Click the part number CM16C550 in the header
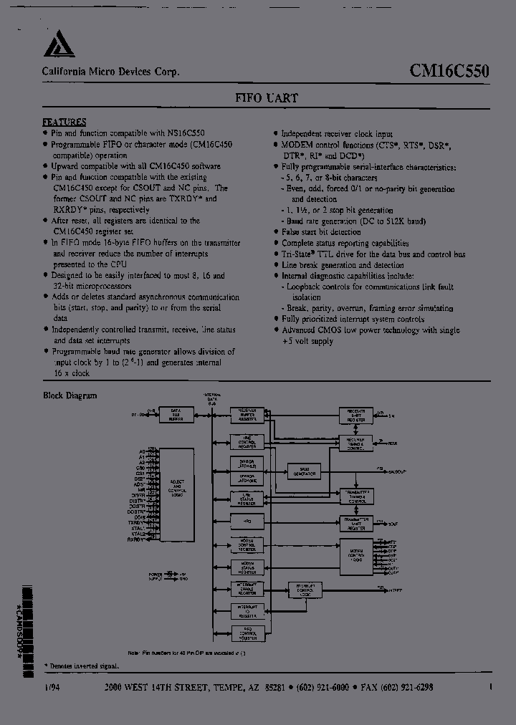449,72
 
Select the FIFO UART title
266,98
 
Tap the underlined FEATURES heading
64,123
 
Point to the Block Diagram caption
70,395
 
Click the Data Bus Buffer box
176,414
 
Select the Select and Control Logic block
175,494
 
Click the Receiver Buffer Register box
247,415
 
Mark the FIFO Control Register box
247,633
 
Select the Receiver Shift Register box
355,415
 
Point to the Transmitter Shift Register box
355,524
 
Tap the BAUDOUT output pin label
397,472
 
